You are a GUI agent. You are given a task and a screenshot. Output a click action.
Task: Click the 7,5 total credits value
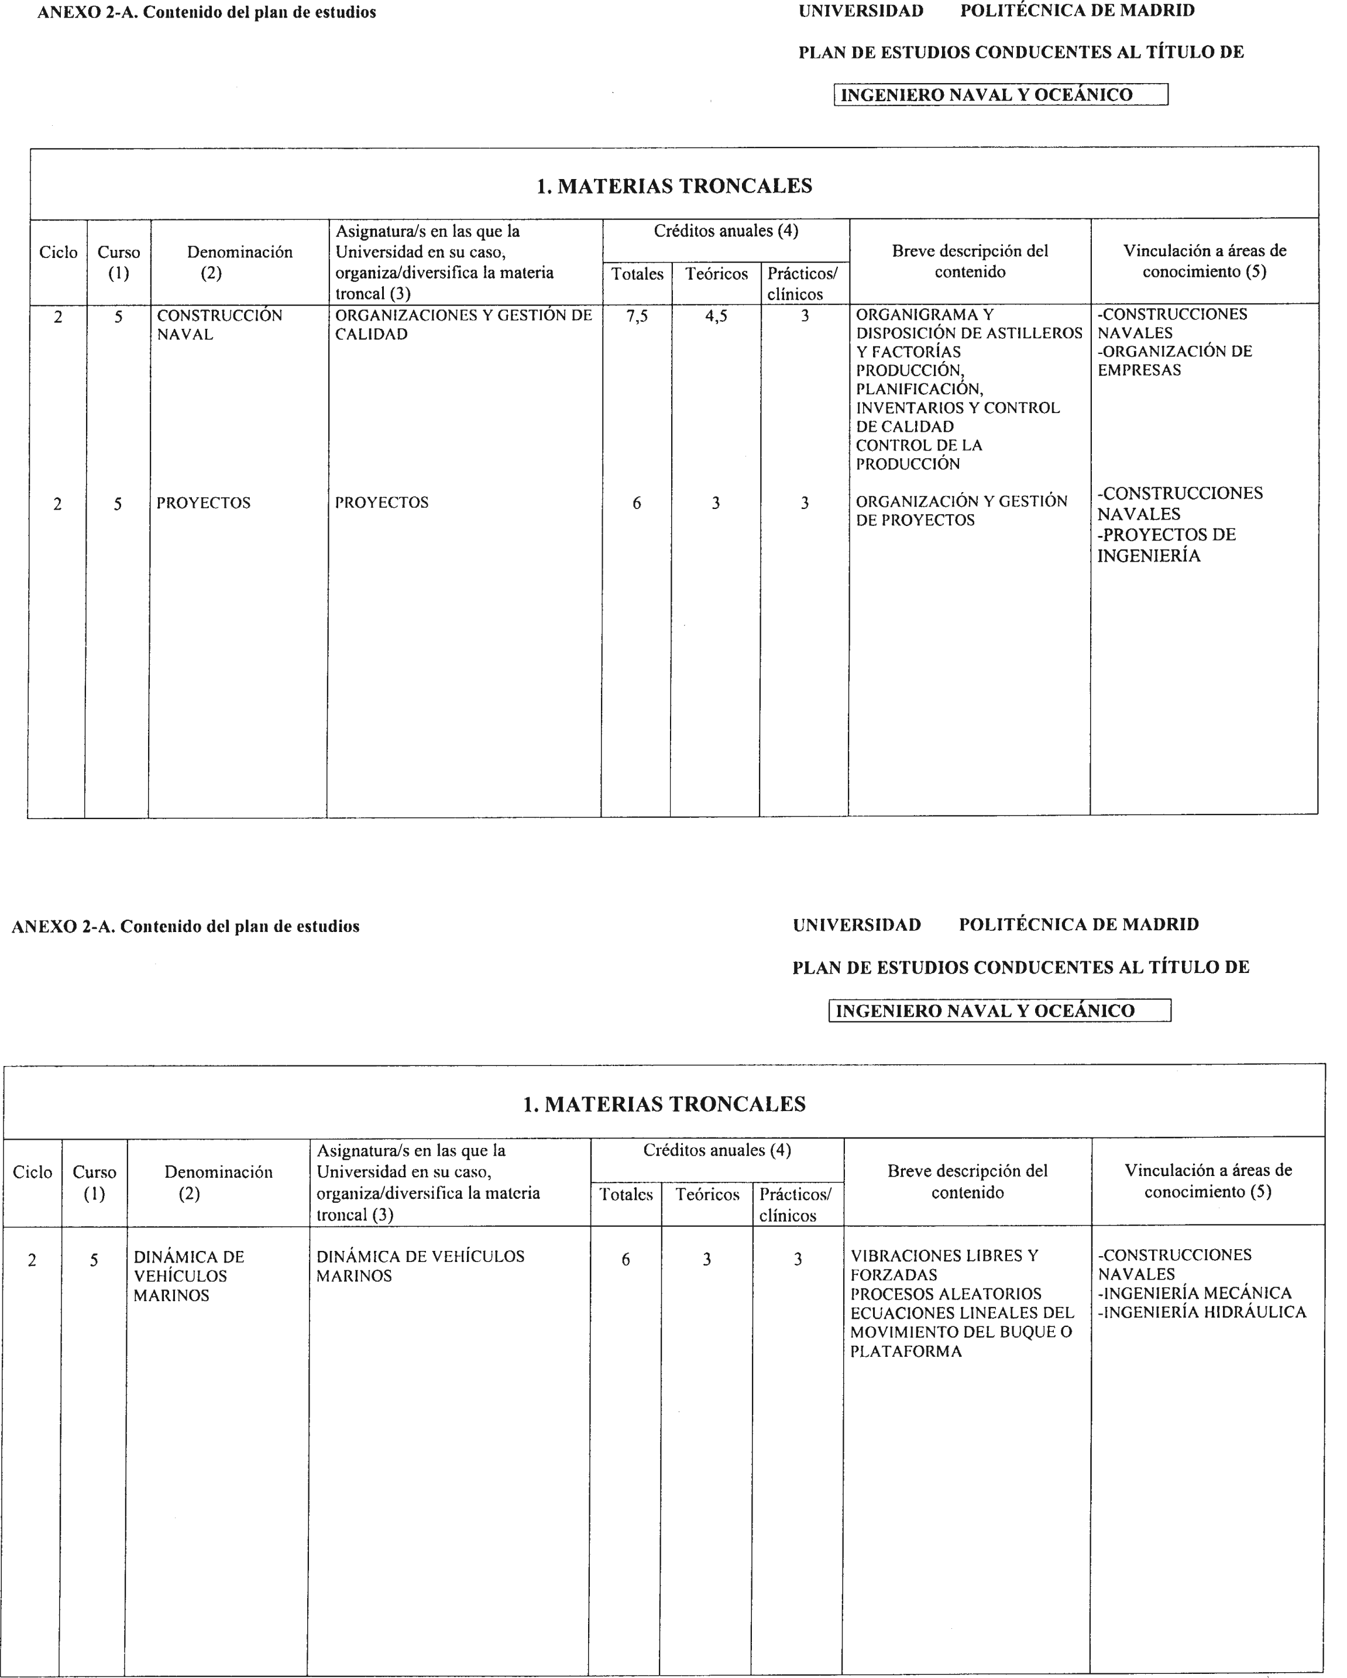point(637,317)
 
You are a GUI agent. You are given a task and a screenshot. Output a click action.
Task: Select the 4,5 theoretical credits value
point(716,317)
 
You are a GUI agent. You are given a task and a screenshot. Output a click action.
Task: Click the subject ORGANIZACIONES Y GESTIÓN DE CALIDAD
point(463,325)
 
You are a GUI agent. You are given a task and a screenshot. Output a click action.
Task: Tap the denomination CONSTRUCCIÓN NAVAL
point(219,325)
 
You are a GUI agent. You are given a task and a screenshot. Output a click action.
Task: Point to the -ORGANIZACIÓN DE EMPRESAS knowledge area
point(1174,360)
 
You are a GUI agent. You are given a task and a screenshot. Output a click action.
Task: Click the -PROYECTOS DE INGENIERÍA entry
point(1166,545)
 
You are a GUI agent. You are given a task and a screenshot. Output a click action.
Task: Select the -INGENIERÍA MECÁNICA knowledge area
point(1194,1293)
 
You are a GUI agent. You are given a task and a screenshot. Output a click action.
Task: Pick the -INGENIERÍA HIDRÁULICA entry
point(1201,1312)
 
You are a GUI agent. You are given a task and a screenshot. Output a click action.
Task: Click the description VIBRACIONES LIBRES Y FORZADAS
point(943,1265)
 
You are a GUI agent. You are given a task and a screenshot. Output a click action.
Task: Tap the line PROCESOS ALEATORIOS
point(946,1294)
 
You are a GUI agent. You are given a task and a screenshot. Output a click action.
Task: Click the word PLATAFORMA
point(906,1351)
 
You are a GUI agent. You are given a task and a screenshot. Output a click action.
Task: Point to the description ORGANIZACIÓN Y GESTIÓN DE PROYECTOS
point(961,511)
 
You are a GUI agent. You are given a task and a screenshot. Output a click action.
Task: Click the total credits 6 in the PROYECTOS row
point(637,504)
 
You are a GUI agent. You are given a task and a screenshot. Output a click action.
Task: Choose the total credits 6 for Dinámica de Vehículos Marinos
point(626,1259)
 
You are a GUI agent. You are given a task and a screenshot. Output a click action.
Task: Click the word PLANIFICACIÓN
point(919,388)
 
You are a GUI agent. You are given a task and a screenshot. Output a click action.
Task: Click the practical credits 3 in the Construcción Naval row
point(805,316)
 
